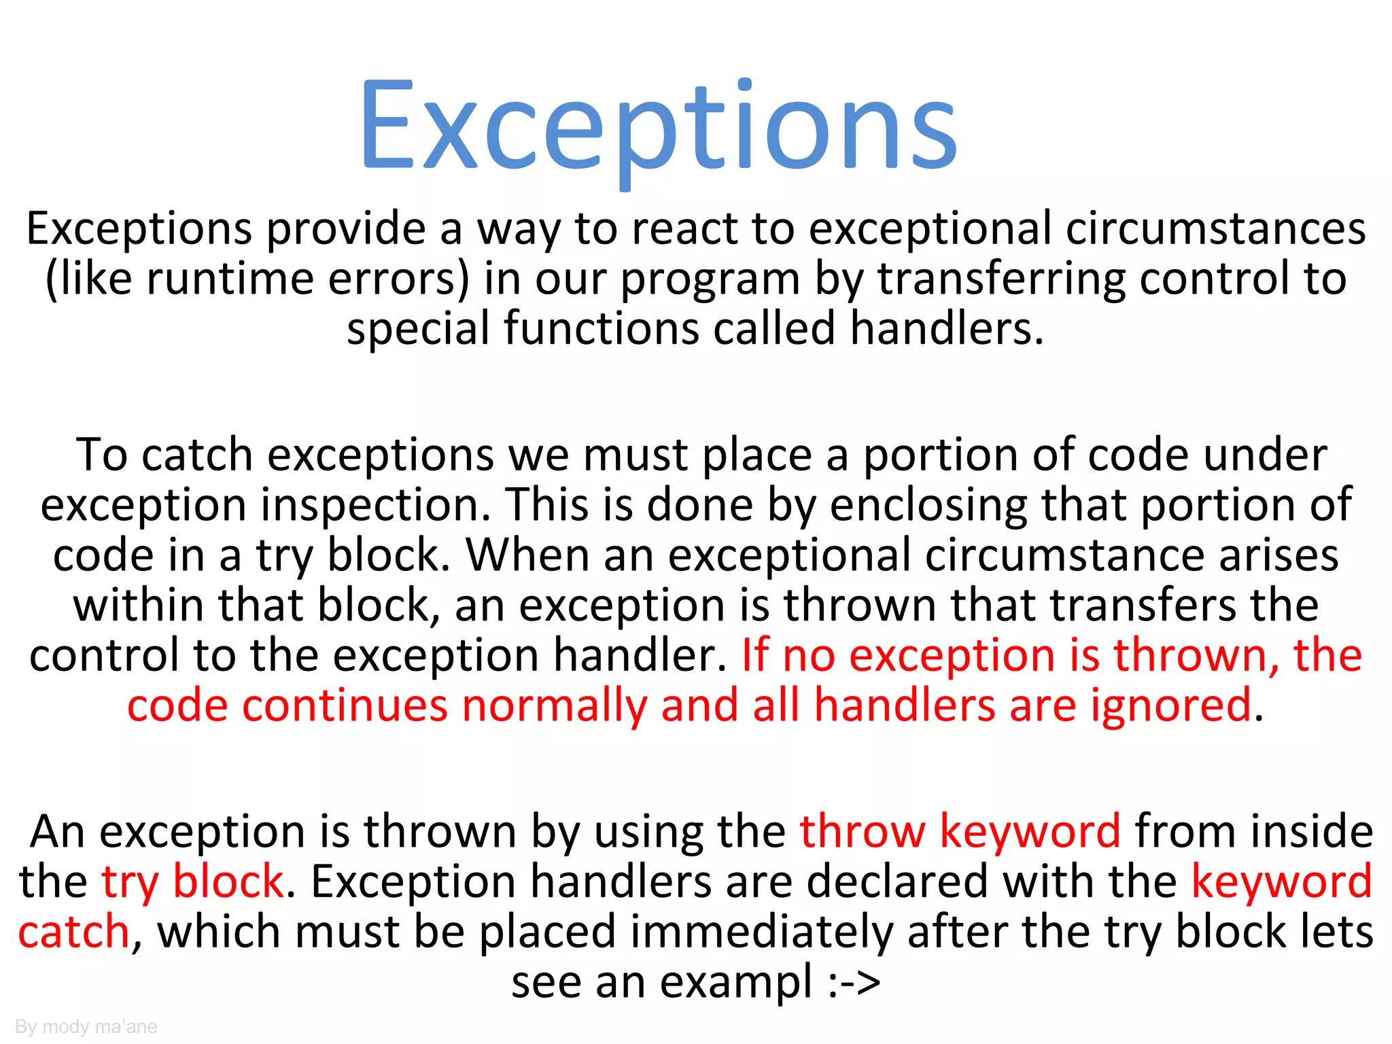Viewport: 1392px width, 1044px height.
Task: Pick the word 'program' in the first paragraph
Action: point(710,280)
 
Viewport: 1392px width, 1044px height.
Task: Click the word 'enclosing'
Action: point(928,506)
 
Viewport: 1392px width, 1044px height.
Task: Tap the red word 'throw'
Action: point(862,831)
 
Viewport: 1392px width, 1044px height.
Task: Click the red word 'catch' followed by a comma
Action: point(73,932)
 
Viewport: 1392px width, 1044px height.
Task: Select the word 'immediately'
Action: point(761,932)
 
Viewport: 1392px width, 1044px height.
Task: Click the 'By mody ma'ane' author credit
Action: point(86,1026)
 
